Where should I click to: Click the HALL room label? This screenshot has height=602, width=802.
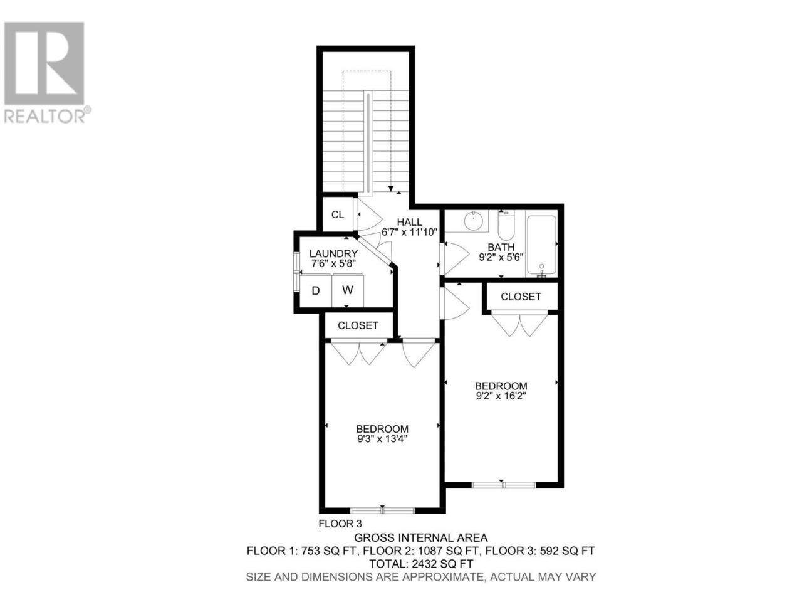click(409, 222)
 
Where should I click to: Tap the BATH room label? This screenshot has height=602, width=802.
click(501, 247)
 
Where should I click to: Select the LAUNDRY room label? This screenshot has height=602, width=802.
click(333, 254)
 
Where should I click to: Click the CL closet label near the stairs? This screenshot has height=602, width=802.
click(337, 214)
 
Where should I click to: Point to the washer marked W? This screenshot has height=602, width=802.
click(348, 290)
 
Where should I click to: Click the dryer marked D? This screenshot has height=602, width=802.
click(316, 290)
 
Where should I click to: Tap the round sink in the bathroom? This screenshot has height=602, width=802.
click(474, 221)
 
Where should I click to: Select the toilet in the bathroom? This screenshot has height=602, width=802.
click(506, 224)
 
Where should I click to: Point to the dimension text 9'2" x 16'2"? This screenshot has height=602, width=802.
click(501, 396)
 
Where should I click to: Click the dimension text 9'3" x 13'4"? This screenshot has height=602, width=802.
click(382, 438)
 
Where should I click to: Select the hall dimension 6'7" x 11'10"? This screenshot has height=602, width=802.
click(409, 232)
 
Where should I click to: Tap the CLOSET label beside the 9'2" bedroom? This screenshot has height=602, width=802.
click(521, 297)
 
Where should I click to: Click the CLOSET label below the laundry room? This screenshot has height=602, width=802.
click(358, 325)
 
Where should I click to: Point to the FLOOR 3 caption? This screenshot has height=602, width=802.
click(340, 524)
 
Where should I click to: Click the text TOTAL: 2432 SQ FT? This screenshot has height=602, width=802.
click(421, 563)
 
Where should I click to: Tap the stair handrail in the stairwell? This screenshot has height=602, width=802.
click(368, 143)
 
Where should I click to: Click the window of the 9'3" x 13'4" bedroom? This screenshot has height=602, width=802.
click(382, 510)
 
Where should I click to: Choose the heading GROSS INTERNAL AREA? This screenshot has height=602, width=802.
click(421, 537)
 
